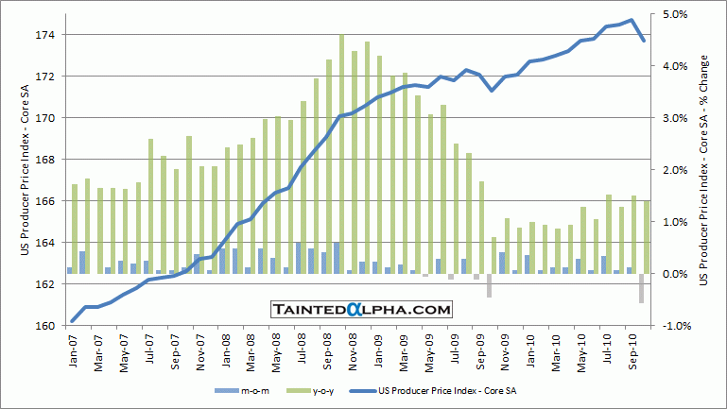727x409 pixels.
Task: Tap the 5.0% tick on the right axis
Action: (x=678, y=14)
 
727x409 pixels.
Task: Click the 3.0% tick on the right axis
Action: (x=678, y=118)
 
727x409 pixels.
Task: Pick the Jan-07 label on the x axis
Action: (x=74, y=351)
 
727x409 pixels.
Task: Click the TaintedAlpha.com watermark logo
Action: (x=360, y=309)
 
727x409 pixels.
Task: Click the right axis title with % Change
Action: (x=705, y=170)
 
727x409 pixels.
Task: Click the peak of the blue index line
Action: (x=631, y=21)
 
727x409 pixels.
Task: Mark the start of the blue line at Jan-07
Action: (x=73, y=321)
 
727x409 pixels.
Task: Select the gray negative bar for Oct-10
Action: (x=642, y=288)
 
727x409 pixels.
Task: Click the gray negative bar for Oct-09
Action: (x=490, y=285)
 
